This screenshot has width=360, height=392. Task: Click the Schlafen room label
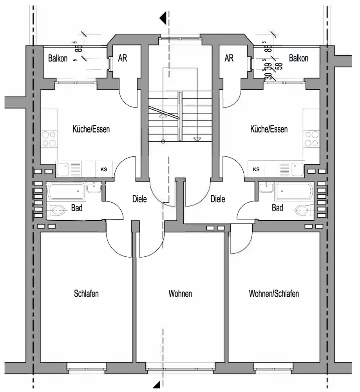tap(86, 294)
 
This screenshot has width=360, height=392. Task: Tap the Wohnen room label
tap(180, 294)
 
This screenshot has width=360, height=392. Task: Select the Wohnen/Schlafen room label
tap(274, 294)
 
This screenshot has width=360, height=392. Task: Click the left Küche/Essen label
tap(91, 129)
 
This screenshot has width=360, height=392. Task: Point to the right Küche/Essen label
tap(269, 129)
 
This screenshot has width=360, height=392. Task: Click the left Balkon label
tap(58, 58)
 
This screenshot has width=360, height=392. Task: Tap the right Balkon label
tap(298, 58)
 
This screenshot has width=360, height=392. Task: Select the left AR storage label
tap(123, 58)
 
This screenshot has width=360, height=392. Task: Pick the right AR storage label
tap(229, 58)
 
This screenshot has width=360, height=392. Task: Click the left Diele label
tap(139, 199)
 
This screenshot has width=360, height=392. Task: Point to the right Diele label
tap(218, 199)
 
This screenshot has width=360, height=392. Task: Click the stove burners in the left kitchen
tap(49, 138)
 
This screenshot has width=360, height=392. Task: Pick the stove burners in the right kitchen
tap(311, 138)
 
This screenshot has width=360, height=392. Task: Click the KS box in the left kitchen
tap(104, 169)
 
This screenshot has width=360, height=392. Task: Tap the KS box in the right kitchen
tap(256, 169)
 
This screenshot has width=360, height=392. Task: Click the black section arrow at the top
tap(163, 18)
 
